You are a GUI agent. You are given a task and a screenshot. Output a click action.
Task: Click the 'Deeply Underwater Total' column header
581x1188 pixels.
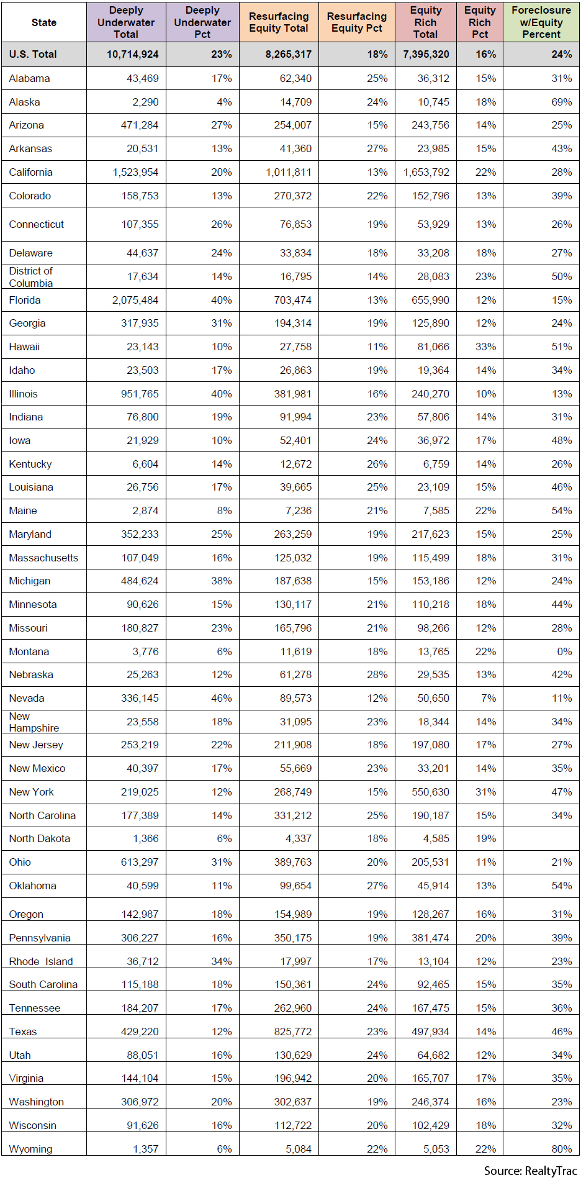click(x=126, y=22)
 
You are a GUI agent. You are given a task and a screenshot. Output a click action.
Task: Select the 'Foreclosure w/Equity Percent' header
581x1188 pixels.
click(x=541, y=22)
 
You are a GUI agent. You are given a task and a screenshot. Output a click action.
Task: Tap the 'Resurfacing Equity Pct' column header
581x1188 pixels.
click(x=357, y=22)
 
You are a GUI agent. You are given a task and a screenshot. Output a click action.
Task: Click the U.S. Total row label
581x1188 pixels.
click(x=33, y=55)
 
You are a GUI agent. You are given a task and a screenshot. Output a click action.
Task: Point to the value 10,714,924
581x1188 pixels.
click(x=133, y=55)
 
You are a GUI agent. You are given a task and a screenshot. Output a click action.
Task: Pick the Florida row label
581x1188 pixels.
click(x=25, y=300)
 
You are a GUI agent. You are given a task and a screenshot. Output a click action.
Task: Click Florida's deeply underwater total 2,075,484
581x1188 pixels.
click(x=135, y=300)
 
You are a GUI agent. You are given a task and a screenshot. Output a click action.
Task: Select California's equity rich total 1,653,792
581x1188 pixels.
click(x=426, y=172)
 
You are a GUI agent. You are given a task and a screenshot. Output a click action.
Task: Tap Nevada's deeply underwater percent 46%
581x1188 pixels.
click(x=222, y=698)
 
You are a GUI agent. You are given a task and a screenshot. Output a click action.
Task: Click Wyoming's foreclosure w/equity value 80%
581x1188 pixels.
click(x=562, y=1149)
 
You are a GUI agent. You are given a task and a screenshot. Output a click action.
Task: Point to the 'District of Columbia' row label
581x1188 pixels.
click(x=31, y=277)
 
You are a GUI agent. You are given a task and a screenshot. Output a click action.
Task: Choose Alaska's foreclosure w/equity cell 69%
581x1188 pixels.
click(x=562, y=102)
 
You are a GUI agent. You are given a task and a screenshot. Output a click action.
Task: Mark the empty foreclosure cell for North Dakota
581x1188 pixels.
click(x=541, y=838)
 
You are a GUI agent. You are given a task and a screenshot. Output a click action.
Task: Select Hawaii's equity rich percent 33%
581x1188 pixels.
click(x=485, y=347)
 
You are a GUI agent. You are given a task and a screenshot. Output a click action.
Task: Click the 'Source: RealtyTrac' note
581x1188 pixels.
click(x=531, y=1171)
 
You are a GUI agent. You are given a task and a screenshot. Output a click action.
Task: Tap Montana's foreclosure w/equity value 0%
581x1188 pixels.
click(x=564, y=651)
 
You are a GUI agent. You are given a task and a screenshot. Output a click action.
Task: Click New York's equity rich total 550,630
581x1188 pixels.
click(x=431, y=792)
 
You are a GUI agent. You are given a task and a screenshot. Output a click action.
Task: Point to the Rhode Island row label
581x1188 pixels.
click(x=41, y=961)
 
